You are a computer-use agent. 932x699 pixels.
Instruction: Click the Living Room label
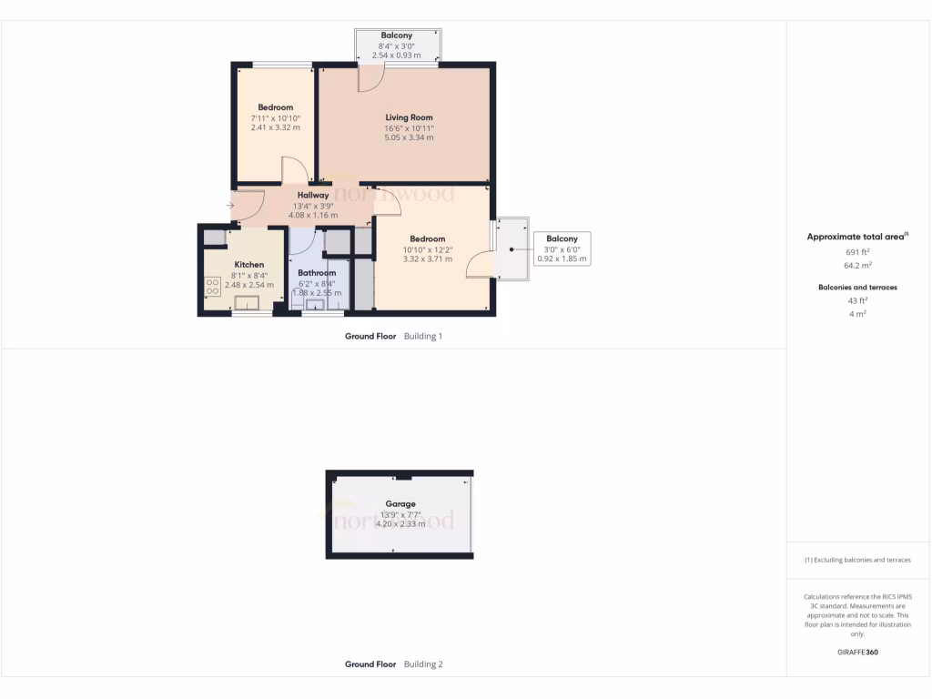(x=409, y=117)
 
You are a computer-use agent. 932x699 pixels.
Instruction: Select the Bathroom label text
(x=317, y=273)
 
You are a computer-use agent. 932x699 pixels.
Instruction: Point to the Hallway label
(x=313, y=196)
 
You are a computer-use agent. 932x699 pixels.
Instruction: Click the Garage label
(x=400, y=504)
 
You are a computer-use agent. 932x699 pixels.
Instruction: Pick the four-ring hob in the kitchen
(x=213, y=288)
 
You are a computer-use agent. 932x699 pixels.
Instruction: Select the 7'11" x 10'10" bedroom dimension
(x=275, y=118)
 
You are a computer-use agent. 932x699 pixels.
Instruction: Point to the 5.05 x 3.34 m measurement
(x=409, y=138)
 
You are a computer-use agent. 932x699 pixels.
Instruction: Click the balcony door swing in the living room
(x=370, y=79)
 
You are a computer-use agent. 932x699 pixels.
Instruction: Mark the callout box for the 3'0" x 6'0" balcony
(x=562, y=248)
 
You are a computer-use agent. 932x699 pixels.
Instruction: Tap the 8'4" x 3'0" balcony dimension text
(x=397, y=46)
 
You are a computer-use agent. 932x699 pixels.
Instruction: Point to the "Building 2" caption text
(x=423, y=664)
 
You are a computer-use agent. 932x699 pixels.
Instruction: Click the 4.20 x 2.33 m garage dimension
(x=400, y=524)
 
